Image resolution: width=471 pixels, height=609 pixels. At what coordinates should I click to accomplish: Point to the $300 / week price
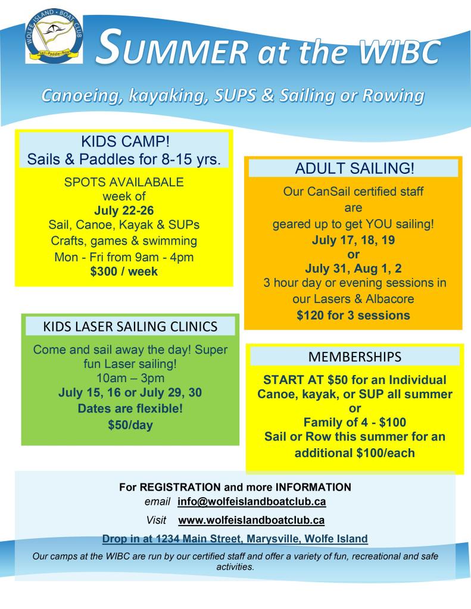click(x=125, y=271)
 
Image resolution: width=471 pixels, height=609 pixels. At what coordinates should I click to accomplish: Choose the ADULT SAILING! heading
click(x=353, y=168)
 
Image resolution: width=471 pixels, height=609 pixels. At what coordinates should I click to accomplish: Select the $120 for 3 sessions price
click(x=353, y=316)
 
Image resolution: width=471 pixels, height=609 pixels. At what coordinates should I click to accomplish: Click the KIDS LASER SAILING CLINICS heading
click(x=130, y=326)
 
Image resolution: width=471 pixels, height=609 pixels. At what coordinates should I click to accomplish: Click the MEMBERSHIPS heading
click(x=355, y=357)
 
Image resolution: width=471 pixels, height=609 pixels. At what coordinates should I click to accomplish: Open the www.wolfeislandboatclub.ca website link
click(x=251, y=520)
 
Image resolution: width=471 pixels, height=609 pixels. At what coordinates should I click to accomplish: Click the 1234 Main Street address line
click(x=235, y=539)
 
